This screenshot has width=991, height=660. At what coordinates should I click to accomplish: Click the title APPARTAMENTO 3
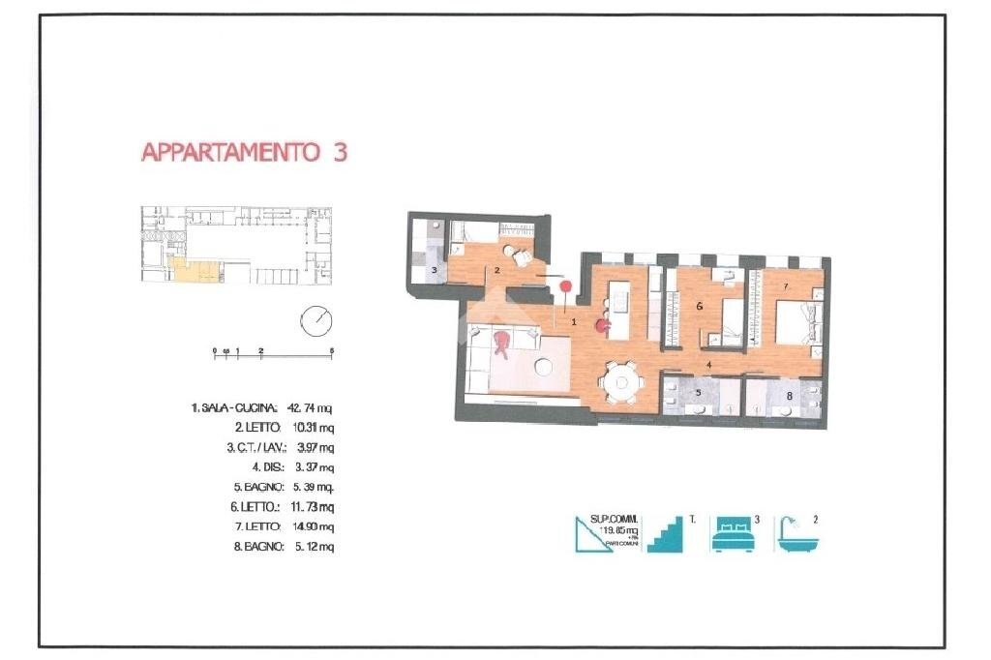point(244,153)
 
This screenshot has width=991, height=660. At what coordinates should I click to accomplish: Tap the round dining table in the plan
point(619,381)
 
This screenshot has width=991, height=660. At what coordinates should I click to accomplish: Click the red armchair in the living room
point(501,343)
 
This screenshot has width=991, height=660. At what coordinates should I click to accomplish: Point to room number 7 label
point(786,286)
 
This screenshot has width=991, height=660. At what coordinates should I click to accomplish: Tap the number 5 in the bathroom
point(697,394)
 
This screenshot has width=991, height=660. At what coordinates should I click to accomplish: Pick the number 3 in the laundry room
point(435,270)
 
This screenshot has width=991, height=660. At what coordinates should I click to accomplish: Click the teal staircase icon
point(665,534)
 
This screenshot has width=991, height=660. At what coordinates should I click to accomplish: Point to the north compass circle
point(315,320)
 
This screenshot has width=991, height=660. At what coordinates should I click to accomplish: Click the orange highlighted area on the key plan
point(191,271)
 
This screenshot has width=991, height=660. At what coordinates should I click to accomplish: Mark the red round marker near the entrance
point(566,285)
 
